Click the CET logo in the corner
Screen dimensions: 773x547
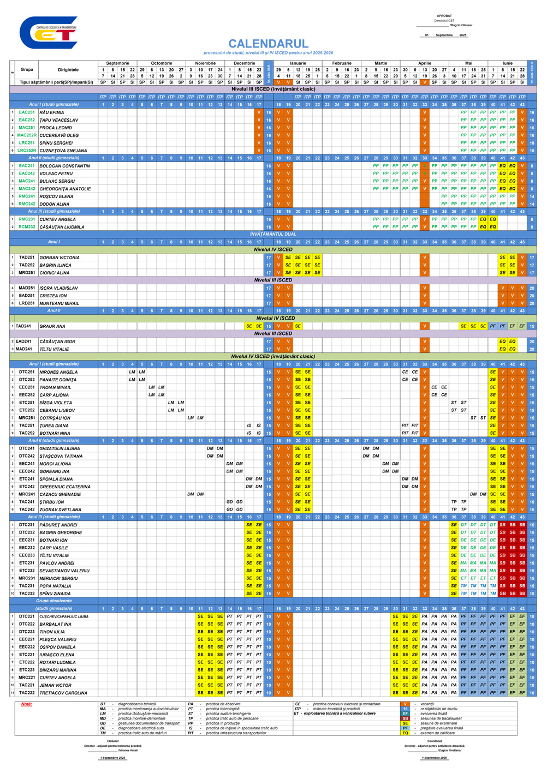coord(48,33)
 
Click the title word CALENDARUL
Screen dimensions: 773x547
coord(268,44)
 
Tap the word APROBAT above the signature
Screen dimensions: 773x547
coord(444,16)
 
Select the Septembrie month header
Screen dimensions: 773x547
coord(117,63)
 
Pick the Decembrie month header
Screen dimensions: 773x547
coord(244,63)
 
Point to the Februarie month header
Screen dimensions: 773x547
coord(342,63)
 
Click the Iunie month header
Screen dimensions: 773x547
coord(508,63)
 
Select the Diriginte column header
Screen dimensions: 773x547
coord(68,70)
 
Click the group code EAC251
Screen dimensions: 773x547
coord(27,112)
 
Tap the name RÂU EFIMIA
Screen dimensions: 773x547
coord(52,112)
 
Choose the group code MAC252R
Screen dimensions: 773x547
coord(27,135)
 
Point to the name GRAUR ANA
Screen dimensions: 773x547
coord(52,326)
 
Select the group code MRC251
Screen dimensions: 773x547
coord(27,418)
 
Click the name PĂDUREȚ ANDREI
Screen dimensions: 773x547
coord(58,525)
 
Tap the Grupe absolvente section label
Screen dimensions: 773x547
coord(53,601)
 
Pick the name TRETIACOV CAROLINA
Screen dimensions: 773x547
coord(63,693)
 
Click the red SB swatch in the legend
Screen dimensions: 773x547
coord(405,718)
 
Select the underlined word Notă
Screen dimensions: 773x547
coord(26,704)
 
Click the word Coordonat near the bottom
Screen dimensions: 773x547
coord(435,741)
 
